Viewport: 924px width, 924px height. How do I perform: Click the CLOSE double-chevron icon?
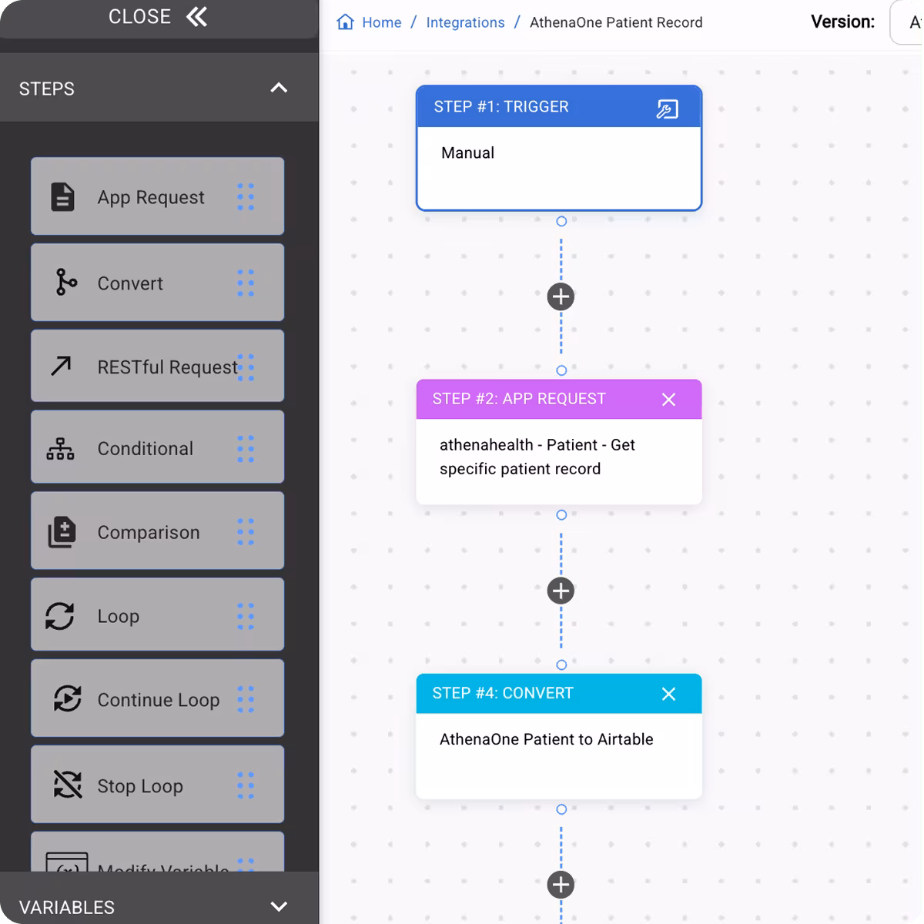click(197, 17)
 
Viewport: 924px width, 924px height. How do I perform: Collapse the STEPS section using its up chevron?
click(279, 89)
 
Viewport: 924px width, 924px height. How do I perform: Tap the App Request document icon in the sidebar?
click(62, 197)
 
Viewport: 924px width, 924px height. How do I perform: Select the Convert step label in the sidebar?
click(130, 283)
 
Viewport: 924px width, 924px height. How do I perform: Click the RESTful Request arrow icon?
click(61, 367)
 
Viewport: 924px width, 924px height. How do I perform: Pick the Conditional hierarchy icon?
click(60, 449)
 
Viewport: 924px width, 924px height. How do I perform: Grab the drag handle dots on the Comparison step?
click(246, 532)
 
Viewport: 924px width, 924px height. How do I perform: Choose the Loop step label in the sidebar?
click(118, 616)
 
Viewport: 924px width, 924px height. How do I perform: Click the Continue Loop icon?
click(67, 699)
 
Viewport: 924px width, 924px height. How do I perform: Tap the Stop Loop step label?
click(140, 786)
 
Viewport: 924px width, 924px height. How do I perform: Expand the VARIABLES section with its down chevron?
click(279, 907)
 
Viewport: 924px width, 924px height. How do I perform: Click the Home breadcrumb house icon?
click(345, 22)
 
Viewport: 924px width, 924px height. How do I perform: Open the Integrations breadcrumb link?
click(465, 22)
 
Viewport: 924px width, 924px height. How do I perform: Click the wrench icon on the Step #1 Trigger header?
click(667, 109)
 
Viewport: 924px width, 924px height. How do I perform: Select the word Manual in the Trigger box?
click(467, 152)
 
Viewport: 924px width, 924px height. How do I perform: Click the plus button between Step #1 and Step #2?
click(561, 296)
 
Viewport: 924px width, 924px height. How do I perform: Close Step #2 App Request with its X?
click(668, 400)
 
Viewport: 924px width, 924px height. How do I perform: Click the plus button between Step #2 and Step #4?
click(561, 591)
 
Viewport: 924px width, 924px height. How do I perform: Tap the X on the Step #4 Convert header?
click(668, 694)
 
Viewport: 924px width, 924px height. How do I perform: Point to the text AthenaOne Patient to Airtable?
click(546, 739)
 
